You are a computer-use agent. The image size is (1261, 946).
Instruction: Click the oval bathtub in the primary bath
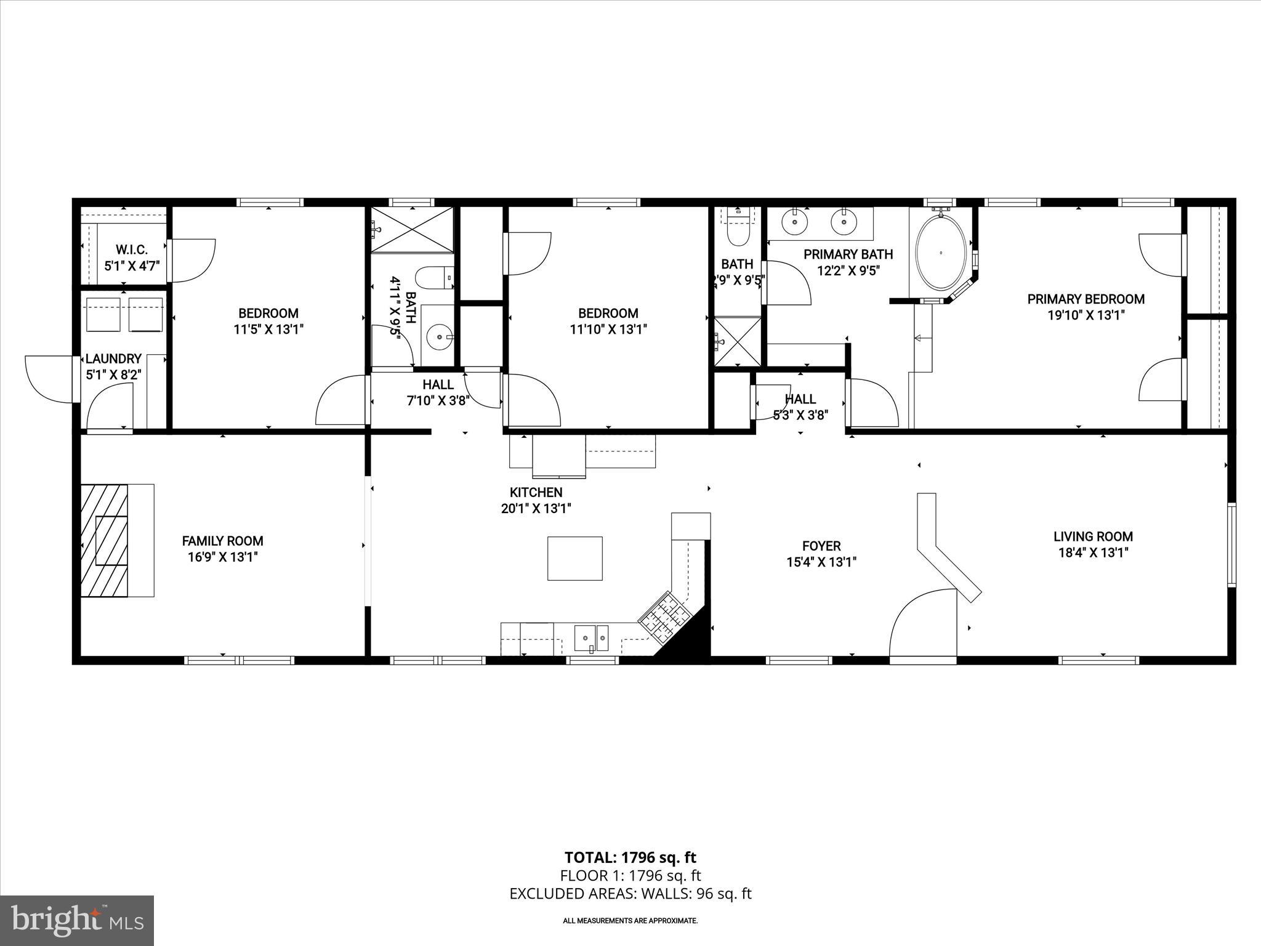click(x=941, y=253)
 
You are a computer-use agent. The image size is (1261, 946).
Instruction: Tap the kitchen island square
click(x=575, y=558)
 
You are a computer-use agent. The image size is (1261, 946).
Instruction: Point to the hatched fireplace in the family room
click(x=104, y=540)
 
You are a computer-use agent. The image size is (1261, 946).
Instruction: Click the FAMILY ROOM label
click(x=222, y=541)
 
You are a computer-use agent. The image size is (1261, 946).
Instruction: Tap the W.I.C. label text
click(x=132, y=250)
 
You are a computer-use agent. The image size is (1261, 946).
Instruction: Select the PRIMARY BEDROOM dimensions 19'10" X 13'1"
click(x=1086, y=315)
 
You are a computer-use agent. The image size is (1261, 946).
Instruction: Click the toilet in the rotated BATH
click(x=434, y=277)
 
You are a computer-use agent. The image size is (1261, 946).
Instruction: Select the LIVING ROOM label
click(x=1093, y=536)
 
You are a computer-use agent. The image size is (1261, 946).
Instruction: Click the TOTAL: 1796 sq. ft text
click(x=630, y=857)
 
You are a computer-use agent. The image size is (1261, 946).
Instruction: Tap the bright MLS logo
click(x=77, y=920)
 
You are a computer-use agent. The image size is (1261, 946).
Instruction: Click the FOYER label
click(x=821, y=546)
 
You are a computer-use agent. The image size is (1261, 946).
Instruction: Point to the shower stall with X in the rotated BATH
click(x=411, y=229)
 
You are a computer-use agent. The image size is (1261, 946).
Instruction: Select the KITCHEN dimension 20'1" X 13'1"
click(x=536, y=509)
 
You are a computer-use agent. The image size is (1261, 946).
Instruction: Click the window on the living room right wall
click(x=1231, y=544)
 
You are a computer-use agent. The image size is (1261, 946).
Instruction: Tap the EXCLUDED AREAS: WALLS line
click(x=630, y=894)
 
